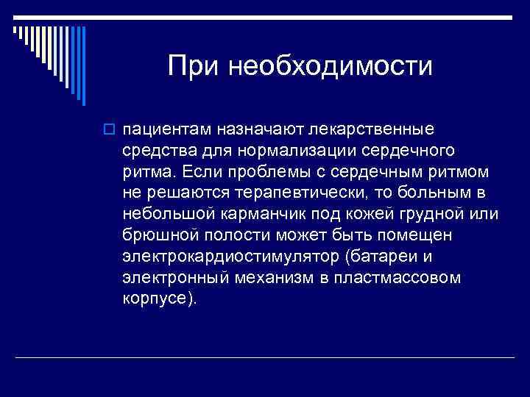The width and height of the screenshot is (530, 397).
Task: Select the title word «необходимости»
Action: [x=330, y=67]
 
